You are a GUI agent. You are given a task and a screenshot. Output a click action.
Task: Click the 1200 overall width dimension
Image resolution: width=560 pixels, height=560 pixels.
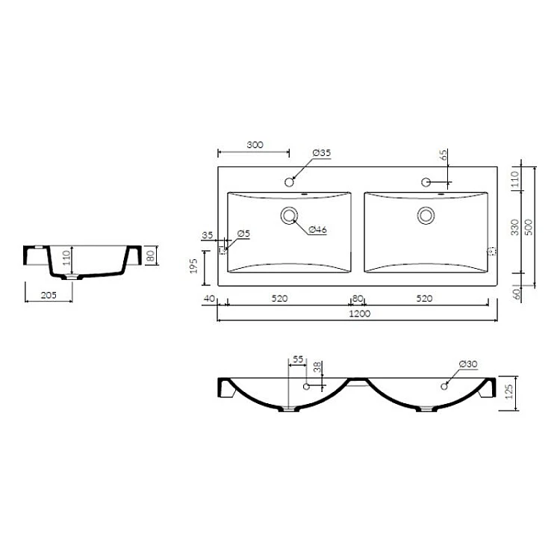pyautogui.click(x=360, y=314)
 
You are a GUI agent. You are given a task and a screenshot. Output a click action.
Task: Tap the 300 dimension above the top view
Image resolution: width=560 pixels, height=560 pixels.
pyautogui.click(x=255, y=145)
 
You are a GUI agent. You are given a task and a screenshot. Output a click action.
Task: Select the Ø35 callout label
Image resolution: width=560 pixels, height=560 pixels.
pyautogui.click(x=322, y=153)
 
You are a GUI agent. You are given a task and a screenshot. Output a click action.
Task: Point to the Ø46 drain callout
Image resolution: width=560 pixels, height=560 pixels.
pyautogui.click(x=317, y=230)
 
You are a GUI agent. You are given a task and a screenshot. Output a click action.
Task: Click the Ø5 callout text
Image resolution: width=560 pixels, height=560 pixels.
pyautogui.click(x=243, y=234)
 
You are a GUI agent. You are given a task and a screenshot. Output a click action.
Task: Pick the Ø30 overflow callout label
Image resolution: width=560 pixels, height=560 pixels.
pyautogui.click(x=468, y=364)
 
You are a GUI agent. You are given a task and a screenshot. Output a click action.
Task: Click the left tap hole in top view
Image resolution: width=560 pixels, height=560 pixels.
pyautogui.click(x=289, y=182)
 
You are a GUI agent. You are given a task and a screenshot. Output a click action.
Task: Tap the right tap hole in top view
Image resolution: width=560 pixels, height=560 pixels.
pyautogui.click(x=426, y=182)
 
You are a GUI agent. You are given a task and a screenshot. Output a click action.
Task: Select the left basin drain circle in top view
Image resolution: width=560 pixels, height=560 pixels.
pyautogui.click(x=289, y=216)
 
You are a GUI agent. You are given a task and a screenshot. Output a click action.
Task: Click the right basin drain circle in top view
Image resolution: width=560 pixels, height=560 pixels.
pyautogui.click(x=426, y=216)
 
